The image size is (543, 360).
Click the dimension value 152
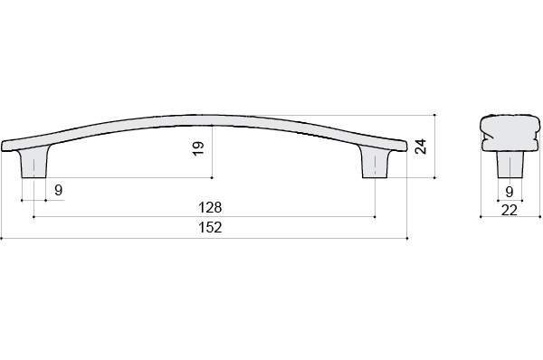tap(210, 227)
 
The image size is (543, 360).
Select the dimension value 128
tap(210, 208)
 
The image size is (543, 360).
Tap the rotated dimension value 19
tap(198, 149)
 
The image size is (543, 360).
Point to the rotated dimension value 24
tap(421, 146)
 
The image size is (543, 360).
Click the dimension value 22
tap(509, 210)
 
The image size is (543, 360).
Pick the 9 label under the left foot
tap(59, 190)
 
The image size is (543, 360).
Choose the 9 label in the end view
tap(509, 192)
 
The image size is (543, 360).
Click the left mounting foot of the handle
tap(34, 162)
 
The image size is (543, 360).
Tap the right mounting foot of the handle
tap(375, 162)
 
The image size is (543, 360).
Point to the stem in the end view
tap(510, 165)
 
